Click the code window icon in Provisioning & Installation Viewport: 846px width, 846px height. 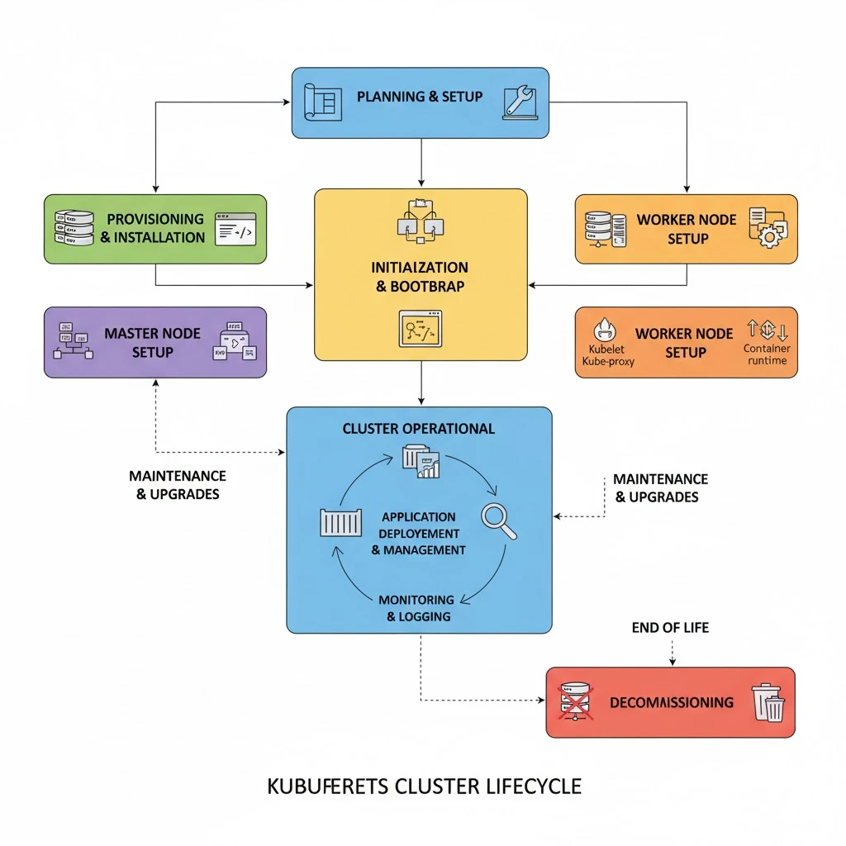click(235, 228)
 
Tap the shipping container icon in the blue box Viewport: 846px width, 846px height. click(340, 524)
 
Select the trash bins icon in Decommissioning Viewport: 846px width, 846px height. click(768, 702)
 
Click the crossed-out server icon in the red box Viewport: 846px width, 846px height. click(576, 701)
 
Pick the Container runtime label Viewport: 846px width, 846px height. click(766, 354)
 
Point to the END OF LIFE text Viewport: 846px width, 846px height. click(670, 628)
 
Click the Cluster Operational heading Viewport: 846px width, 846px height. click(419, 429)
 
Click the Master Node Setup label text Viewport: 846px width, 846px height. click(152, 343)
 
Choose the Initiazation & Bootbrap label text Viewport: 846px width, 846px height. click(421, 277)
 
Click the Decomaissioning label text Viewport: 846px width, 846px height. click(671, 702)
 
